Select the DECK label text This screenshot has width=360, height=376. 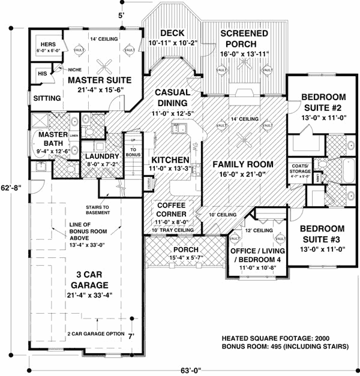pyautogui.click(x=172, y=34)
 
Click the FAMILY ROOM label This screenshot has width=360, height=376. pyautogui.click(x=243, y=164)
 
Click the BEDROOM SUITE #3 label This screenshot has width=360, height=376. pyautogui.click(x=322, y=235)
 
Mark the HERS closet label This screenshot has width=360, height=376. pyautogui.click(x=47, y=45)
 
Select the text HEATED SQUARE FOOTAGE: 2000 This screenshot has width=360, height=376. pyautogui.click(x=276, y=338)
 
